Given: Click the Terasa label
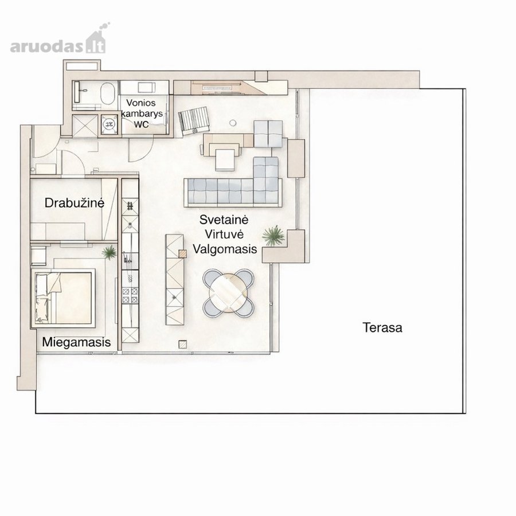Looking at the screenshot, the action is point(382,327).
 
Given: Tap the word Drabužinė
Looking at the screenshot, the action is point(75,203).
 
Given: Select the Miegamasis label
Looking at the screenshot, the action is point(76,342).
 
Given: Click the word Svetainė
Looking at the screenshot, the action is point(224,220).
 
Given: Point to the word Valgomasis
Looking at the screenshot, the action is point(225,249).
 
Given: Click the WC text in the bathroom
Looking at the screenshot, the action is point(141,124).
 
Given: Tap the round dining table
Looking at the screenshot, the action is point(228,292).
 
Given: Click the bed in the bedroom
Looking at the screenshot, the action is point(63,298).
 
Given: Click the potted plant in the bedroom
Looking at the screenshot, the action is point(109,253).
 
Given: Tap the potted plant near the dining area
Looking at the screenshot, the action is point(273,235).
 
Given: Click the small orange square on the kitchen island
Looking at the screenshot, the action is point(182,254).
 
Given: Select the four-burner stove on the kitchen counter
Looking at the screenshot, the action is point(130,295).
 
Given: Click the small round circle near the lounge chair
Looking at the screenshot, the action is point(233,123).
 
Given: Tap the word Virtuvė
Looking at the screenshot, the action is point(224,234).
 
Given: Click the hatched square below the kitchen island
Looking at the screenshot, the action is point(183,344).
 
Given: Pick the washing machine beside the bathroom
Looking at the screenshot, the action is point(110,124).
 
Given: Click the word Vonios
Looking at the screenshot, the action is point(141,103).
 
